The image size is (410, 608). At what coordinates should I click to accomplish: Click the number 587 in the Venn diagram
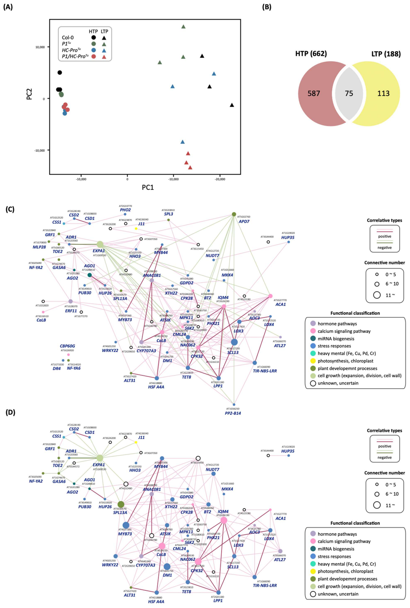click(x=314, y=93)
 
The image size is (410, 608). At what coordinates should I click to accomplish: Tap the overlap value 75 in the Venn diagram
click(x=349, y=93)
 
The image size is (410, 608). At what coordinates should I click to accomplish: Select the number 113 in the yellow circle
click(x=383, y=93)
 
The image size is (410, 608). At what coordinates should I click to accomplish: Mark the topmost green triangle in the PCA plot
click(x=183, y=27)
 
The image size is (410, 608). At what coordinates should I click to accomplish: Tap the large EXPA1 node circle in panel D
click(x=100, y=458)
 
